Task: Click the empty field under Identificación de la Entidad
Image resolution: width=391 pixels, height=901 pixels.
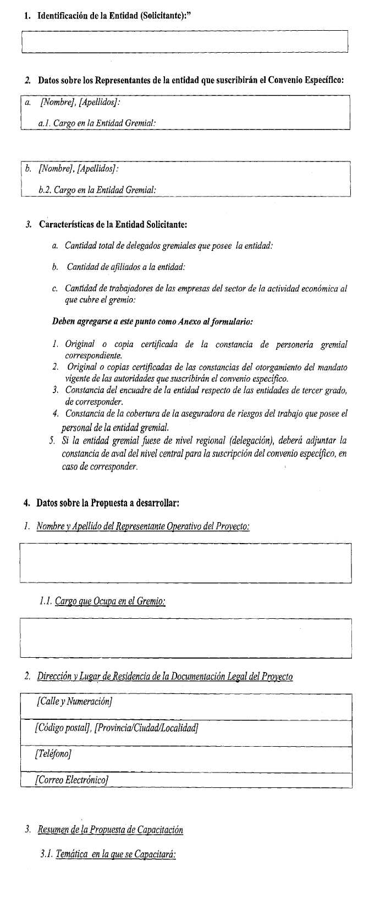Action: (x=184, y=41)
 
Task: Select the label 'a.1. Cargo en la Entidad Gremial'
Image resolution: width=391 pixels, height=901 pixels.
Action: (x=97, y=124)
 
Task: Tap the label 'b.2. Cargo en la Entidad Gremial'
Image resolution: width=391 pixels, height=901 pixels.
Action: (x=97, y=189)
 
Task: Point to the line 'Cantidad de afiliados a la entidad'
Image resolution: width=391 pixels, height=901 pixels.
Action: (x=126, y=267)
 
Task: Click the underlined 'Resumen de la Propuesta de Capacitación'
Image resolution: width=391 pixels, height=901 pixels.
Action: (x=110, y=829)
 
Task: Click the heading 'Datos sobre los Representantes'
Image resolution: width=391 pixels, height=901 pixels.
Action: (x=191, y=80)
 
